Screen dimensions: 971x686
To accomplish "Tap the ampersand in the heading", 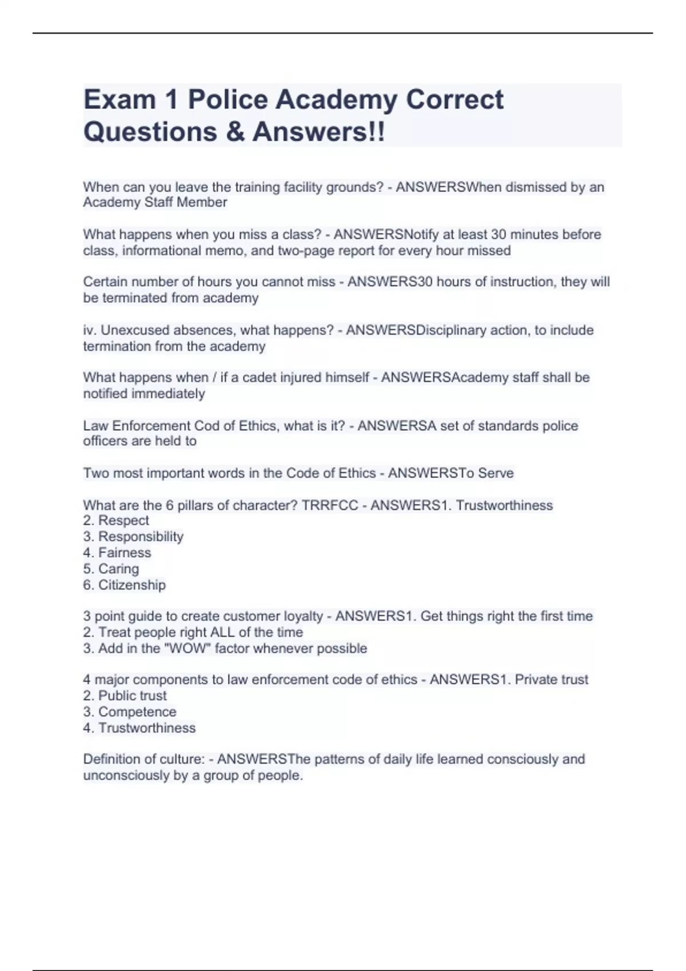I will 234,132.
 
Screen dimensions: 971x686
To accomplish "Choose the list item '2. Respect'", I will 116,521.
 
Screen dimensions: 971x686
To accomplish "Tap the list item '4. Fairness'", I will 117,553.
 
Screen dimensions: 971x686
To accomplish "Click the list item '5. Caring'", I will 111,569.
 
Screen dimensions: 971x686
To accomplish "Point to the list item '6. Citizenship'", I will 124,585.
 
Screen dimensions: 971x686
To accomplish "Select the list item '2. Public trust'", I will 125,696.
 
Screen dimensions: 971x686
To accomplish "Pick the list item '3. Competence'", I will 130,712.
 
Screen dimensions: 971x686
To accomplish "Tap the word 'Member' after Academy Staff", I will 202,203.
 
